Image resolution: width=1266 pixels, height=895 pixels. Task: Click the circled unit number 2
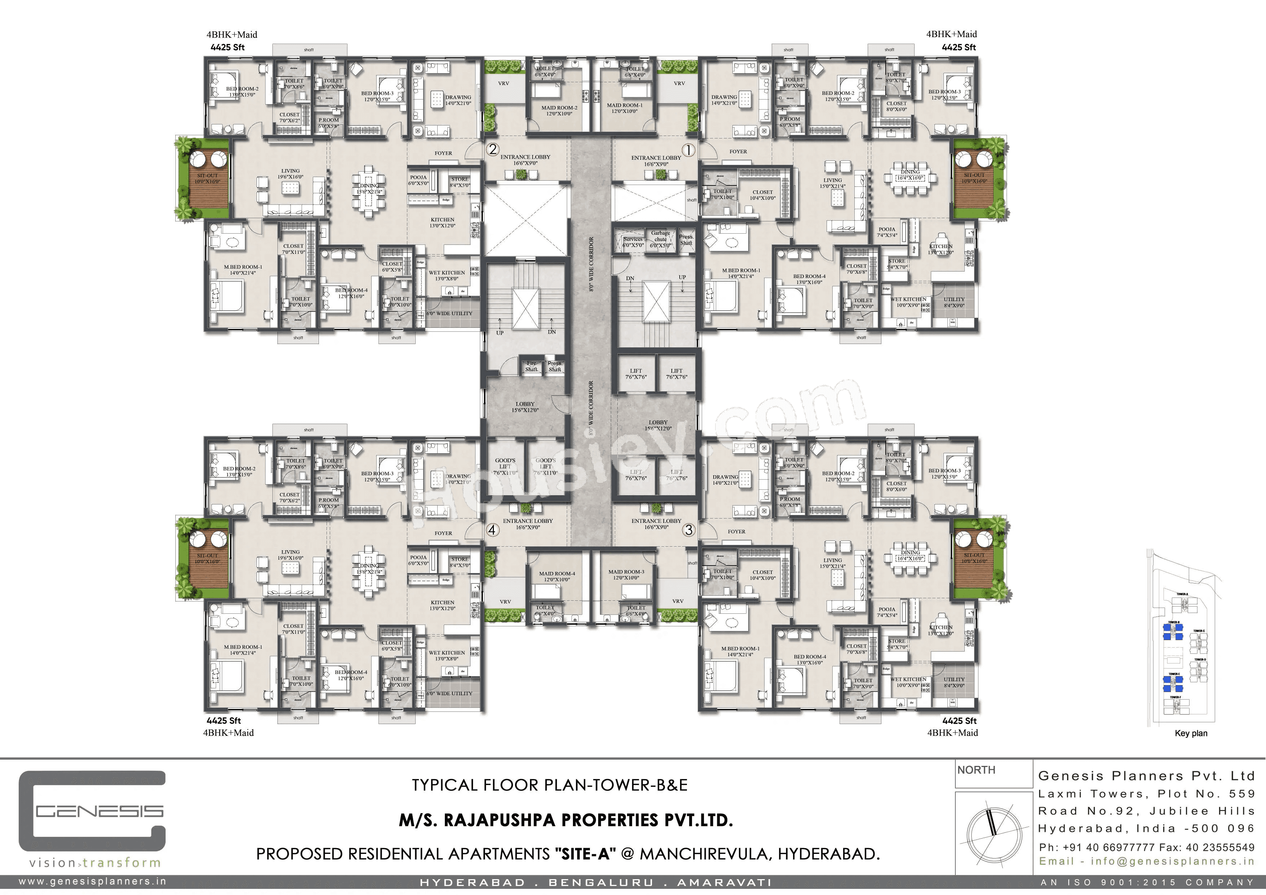[x=492, y=149]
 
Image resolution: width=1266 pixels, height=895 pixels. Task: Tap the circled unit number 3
[x=689, y=530]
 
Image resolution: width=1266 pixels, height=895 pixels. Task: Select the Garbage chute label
[x=661, y=239]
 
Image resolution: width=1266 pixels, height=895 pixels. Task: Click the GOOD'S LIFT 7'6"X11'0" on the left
[x=505, y=466]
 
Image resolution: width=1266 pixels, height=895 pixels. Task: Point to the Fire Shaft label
[x=531, y=366]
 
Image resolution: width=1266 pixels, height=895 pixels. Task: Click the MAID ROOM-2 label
[x=559, y=111]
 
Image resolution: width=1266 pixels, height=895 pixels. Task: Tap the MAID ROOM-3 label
[x=626, y=575]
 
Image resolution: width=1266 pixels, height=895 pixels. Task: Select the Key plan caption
[x=1191, y=733]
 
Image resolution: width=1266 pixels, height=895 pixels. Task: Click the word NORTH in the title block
[x=977, y=770]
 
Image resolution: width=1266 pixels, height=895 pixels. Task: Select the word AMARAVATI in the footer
[x=724, y=883]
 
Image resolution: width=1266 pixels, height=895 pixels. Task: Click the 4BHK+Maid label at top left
[x=232, y=35]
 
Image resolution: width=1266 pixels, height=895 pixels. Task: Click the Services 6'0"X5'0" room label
[x=633, y=242]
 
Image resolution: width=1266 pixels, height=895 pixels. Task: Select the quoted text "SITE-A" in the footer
[x=584, y=854]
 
